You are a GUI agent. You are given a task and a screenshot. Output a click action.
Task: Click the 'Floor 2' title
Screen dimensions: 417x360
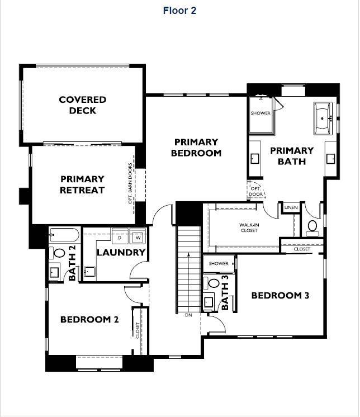point(179,11)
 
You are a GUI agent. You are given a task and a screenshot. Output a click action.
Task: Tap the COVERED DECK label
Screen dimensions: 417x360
point(83,105)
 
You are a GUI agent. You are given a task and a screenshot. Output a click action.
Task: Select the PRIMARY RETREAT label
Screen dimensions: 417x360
point(83,184)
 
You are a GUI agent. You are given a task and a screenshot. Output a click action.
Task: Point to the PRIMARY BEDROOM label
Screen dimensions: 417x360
point(196,148)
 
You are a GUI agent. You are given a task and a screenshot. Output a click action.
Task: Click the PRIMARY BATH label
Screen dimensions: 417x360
point(292,156)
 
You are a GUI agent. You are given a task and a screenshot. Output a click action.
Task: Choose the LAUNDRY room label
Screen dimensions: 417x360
point(121,252)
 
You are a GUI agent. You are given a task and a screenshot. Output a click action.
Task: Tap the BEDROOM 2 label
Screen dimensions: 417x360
point(89,320)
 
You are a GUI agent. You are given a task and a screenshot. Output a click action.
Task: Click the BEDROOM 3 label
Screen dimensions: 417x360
point(280,296)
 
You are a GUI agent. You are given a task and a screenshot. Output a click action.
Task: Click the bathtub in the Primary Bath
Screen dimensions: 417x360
point(323,119)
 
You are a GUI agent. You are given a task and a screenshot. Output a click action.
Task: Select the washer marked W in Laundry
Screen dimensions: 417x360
point(137,238)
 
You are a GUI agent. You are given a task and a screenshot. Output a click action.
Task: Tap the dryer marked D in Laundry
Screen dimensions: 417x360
point(119,238)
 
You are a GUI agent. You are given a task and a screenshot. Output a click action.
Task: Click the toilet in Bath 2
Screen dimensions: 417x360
point(59,253)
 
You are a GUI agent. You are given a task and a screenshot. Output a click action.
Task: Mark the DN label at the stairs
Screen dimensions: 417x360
point(188,315)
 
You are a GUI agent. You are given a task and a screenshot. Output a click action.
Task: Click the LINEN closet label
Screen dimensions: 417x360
point(291,208)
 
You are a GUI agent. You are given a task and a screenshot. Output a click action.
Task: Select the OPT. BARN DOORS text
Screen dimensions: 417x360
point(130,183)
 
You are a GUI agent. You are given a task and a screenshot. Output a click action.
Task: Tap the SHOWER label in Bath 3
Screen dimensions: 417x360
point(219,263)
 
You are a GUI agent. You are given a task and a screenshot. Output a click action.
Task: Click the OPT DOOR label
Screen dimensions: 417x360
point(255,191)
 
